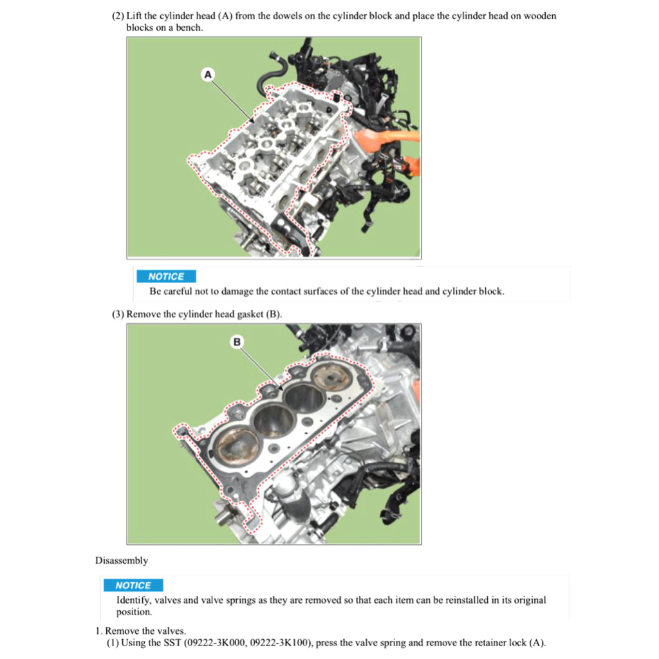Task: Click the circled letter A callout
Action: point(208,75)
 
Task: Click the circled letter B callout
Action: point(237,342)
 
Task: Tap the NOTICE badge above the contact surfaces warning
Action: point(166,276)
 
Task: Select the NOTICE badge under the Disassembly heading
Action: point(133,585)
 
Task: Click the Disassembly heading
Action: point(122,561)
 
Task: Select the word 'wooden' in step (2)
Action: point(540,16)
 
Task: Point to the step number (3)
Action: point(118,314)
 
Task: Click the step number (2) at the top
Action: point(118,16)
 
